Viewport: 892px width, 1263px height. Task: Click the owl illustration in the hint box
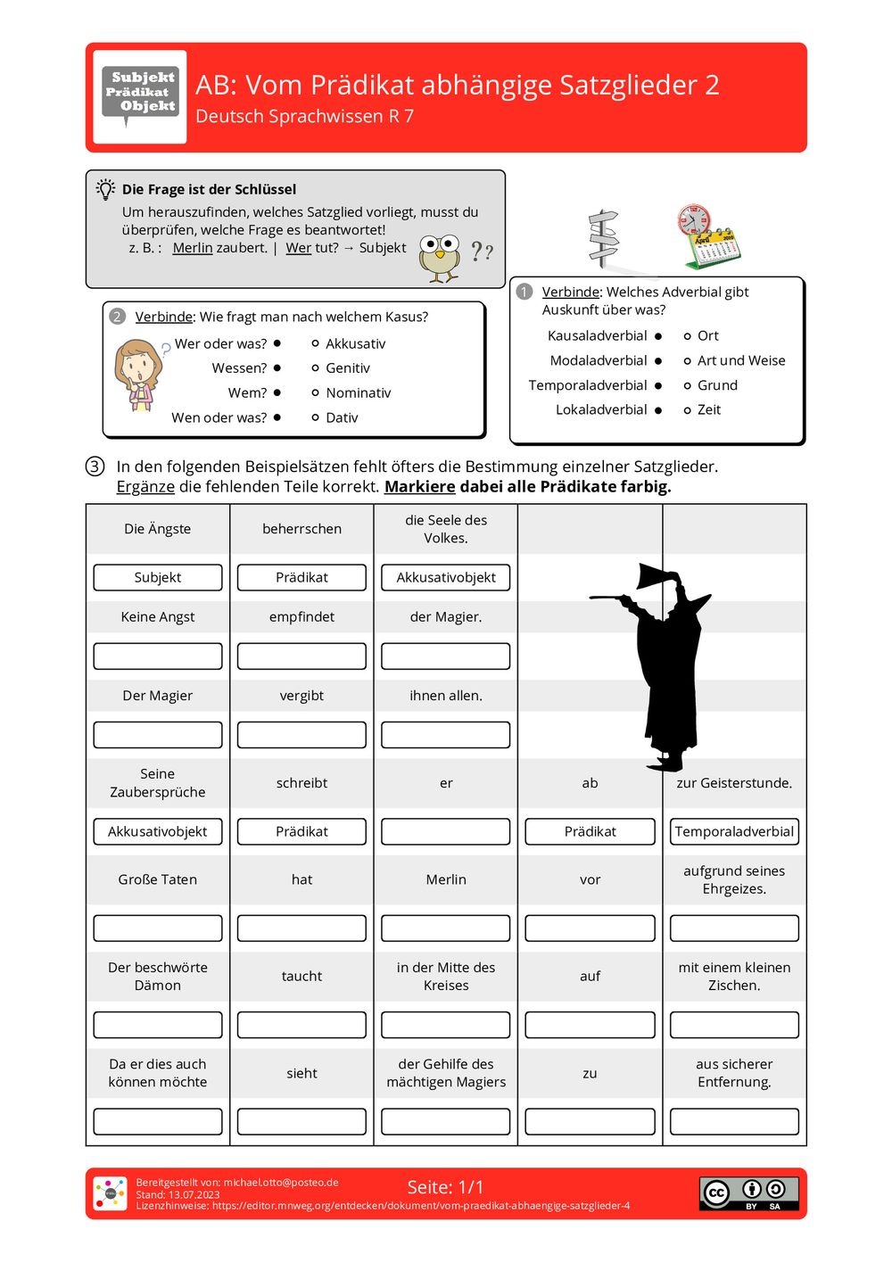pyautogui.click(x=439, y=258)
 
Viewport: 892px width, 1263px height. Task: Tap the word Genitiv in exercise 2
pyautogui.click(x=347, y=367)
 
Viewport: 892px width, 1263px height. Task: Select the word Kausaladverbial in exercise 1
pyautogui.click(x=597, y=335)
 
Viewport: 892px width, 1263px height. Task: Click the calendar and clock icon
pyautogui.click(x=708, y=236)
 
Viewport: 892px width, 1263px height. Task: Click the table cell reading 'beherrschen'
pyautogui.click(x=301, y=529)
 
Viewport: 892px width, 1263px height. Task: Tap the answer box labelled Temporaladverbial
pyautogui.click(x=734, y=831)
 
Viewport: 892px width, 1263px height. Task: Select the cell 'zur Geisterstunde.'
pyautogui.click(x=734, y=783)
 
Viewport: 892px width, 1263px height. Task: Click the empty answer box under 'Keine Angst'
pyautogui.click(x=158, y=656)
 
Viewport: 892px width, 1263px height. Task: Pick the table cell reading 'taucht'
pyautogui.click(x=301, y=977)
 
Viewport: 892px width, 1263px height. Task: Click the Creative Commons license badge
pyautogui.click(x=748, y=1193)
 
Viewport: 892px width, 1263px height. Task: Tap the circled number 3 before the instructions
pyautogui.click(x=95, y=466)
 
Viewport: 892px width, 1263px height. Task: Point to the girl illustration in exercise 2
pyautogui.click(x=138, y=374)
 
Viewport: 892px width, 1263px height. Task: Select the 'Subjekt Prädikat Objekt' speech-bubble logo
pyautogui.click(x=140, y=95)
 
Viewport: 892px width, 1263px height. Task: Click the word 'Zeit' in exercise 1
pyautogui.click(x=709, y=409)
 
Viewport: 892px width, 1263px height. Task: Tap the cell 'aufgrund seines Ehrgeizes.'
pyautogui.click(x=734, y=880)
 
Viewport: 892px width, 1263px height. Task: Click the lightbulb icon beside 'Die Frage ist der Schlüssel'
pyautogui.click(x=106, y=189)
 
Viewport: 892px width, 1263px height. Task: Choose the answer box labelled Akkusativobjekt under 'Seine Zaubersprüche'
pyautogui.click(x=158, y=831)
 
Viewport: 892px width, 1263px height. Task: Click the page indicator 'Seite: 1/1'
pyautogui.click(x=445, y=1187)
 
